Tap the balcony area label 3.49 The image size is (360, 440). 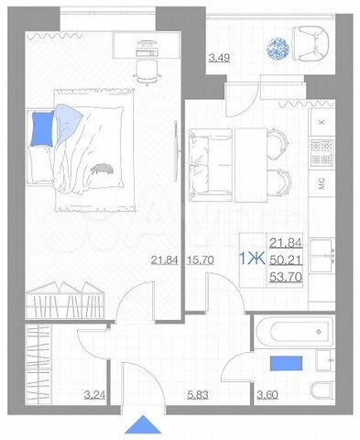pos(220,60)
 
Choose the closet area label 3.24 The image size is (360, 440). pos(93,395)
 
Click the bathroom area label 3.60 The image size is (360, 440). pos(267,395)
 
